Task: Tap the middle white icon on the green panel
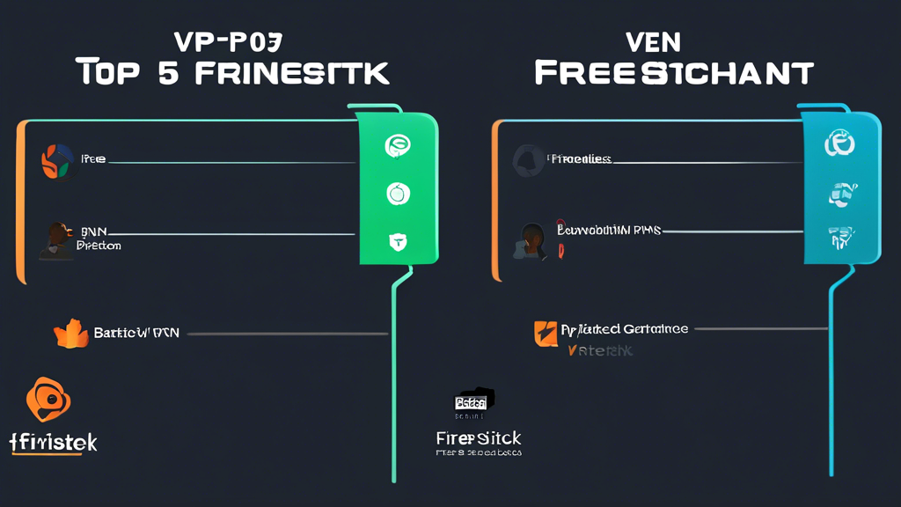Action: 399,193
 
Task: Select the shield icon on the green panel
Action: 398,240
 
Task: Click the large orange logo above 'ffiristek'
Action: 50,401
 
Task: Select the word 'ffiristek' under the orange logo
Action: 55,442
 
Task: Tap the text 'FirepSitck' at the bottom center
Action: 479,437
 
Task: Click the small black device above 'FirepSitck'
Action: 474,401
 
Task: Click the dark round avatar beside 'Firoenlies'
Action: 529,159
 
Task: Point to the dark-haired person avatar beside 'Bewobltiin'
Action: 533,239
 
